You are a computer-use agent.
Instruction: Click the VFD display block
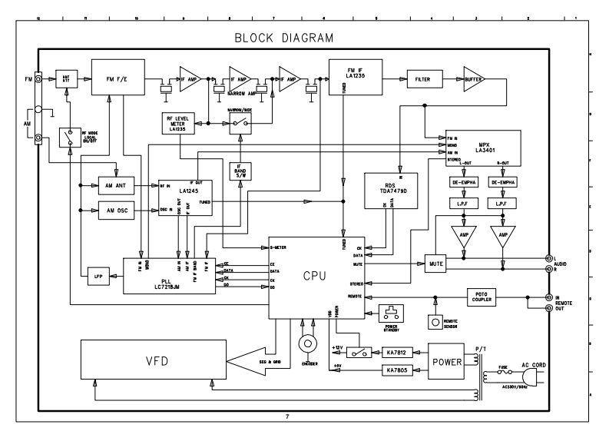[152, 360]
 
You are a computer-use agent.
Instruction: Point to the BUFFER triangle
[473, 78]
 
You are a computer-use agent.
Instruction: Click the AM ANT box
[116, 186]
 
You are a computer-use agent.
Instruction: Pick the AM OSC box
[116, 211]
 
